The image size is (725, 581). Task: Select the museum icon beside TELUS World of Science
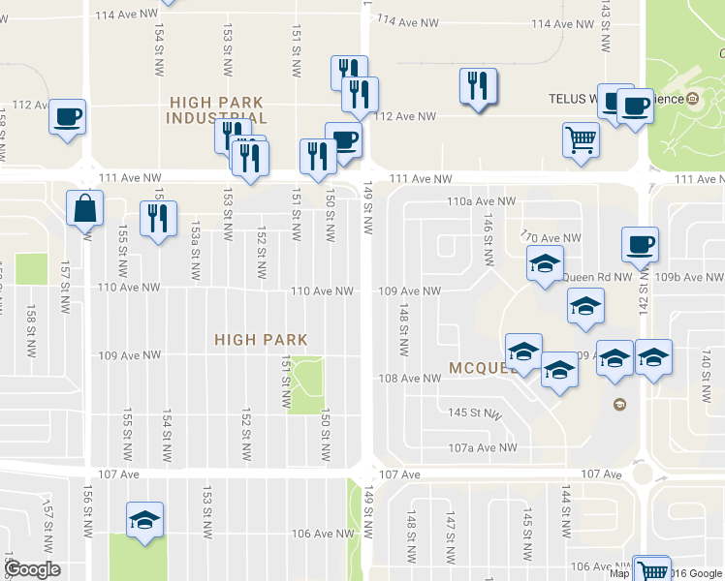694,99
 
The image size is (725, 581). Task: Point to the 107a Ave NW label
482,447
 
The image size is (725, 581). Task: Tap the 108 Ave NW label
409,379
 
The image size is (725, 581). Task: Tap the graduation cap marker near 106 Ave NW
144,521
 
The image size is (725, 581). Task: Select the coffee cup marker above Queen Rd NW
639,245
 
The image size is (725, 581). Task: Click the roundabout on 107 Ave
643,474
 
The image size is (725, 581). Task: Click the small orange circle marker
620,404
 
